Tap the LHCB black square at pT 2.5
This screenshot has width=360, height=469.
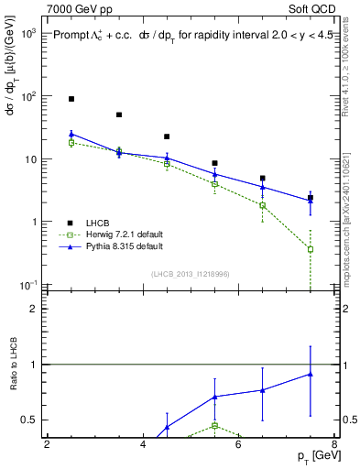71,98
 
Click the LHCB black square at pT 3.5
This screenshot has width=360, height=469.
119,115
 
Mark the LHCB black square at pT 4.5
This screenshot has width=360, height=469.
167,136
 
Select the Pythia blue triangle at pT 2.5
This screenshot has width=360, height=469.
71,134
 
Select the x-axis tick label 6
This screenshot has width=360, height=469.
238,445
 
